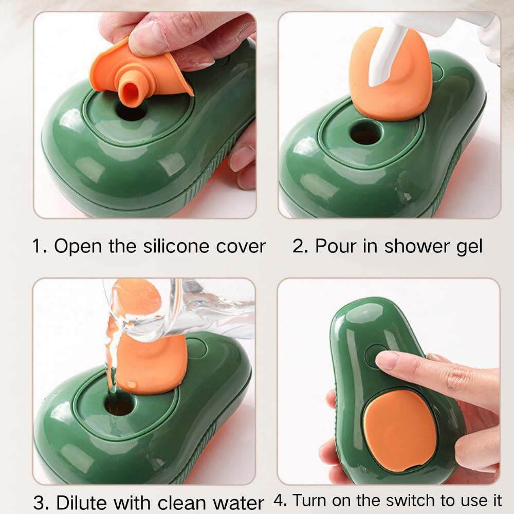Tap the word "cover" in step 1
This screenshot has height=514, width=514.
[245, 247]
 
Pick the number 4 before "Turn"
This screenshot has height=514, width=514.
[278, 500]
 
